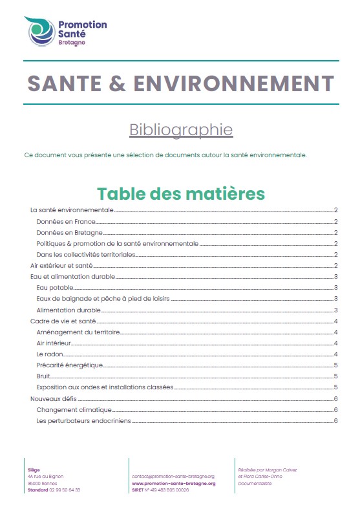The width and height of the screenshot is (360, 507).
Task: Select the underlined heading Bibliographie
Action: click(x=181, y=129)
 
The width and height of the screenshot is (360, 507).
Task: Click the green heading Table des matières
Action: click(x=180, y=193)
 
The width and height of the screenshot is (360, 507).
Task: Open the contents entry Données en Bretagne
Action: click(x=70, y=233)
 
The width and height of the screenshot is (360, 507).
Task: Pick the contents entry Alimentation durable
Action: click(x=69, y=310)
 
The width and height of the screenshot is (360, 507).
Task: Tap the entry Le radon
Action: click(x=49, y=354)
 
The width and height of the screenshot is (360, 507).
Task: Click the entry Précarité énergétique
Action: click(x=70, y=365)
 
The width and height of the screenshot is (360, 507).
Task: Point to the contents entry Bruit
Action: click(x=43, y=376)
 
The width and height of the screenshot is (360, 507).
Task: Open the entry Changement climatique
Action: click(x=74, y=410)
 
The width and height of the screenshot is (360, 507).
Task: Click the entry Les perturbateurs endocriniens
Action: click(x=83, y=421)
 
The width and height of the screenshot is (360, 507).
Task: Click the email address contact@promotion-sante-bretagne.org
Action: click(x=173, y=476)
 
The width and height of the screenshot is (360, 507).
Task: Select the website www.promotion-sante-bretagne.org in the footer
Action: click(x=173, y=483)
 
